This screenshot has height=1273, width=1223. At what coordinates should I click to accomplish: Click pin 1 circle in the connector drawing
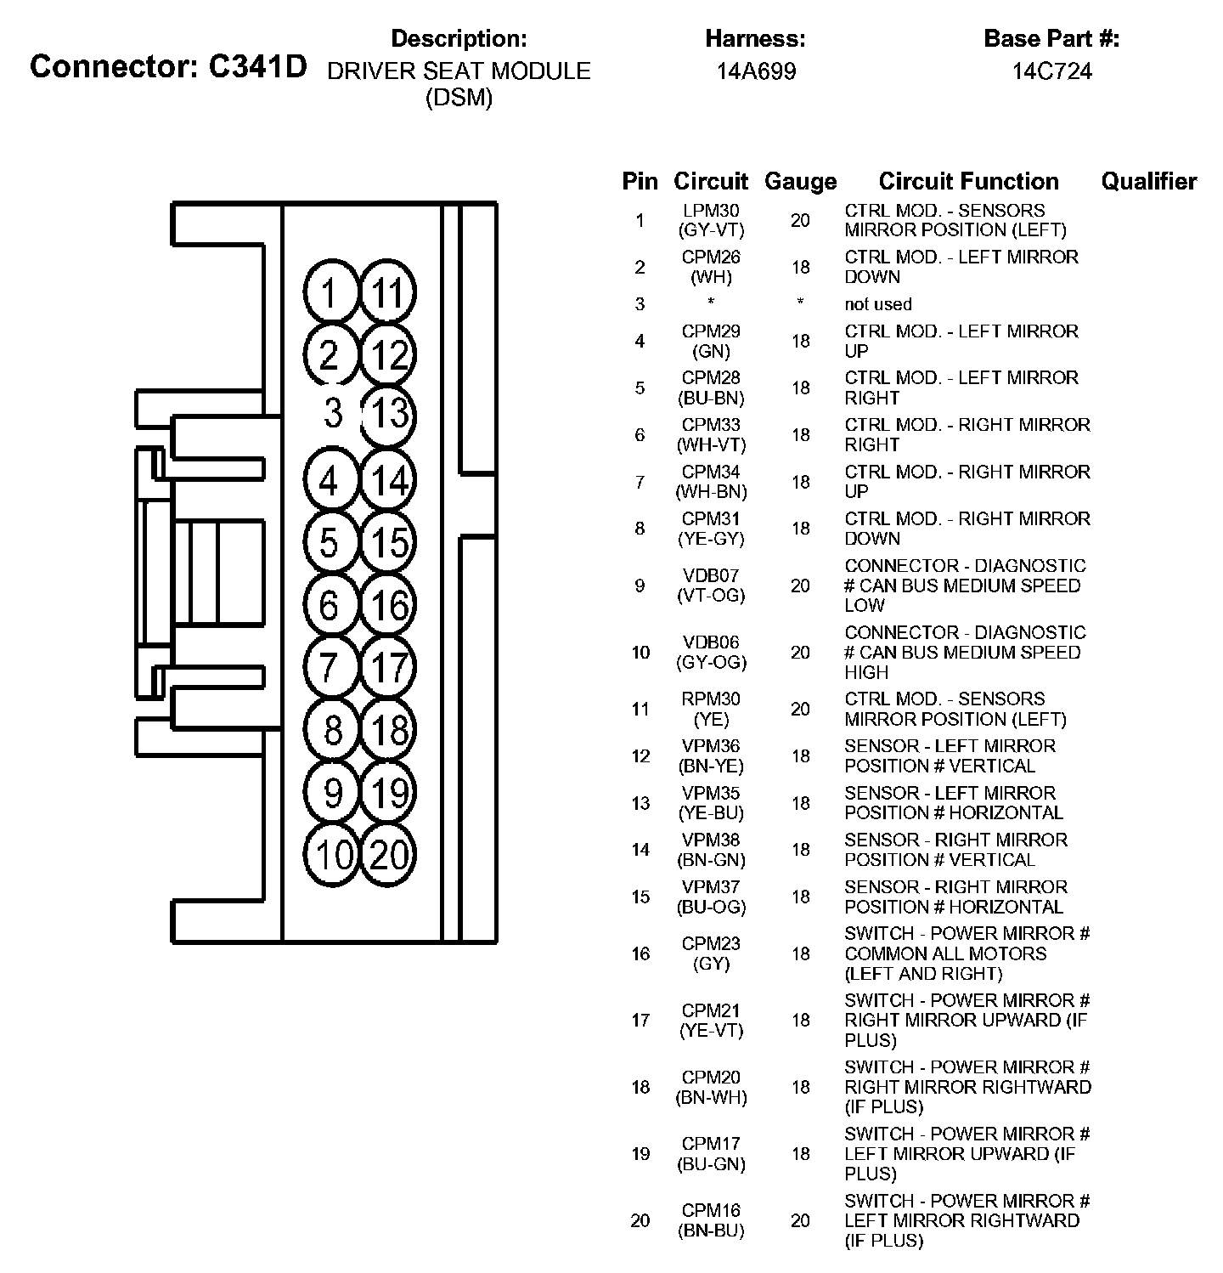coord(330,293)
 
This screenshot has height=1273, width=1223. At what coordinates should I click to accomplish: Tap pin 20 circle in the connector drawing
coord(389,854)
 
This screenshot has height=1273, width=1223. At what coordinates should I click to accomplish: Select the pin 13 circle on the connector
coord(389,415)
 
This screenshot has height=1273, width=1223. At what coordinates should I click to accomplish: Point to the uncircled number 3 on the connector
coord(333,413)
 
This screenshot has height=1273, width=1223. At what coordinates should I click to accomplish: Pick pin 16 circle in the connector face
coord(389,606)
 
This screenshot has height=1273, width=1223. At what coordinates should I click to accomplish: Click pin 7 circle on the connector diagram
coord(330,667)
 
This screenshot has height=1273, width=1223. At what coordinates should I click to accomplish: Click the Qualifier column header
coord(1148,181)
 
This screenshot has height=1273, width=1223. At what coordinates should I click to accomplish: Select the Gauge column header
coord(800,181)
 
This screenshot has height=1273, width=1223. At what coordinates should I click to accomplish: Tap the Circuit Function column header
coord(968,181)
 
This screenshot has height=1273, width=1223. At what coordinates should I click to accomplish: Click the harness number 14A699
coord(755,71)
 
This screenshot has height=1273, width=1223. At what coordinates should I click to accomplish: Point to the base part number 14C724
coord(1051,71)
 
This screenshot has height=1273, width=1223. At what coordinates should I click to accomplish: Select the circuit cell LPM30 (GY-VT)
coord(711,220)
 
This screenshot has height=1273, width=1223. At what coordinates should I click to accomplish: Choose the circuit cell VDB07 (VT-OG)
coord(711,586)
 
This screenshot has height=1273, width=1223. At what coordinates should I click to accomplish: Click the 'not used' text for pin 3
coord(877,304)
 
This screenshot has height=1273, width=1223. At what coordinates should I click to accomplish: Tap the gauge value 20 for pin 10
coord(800,653)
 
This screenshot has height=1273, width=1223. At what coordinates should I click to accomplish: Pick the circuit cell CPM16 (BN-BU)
coord(711,1220)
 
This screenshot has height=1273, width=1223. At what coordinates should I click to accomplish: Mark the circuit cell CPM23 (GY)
coord(711,953)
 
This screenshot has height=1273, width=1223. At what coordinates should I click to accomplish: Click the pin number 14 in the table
coord(640,850)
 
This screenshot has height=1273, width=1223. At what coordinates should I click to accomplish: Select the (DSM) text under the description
coord(459,98)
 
